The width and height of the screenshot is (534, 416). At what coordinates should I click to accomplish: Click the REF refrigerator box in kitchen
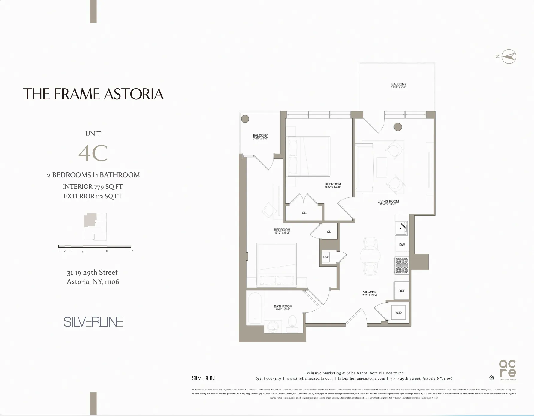(402, 291)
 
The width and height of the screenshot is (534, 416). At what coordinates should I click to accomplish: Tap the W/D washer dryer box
(399, 312)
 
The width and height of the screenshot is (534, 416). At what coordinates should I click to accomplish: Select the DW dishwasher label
(402, 245)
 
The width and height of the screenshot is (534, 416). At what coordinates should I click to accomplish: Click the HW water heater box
(326, 257)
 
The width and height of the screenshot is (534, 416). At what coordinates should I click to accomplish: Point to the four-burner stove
(402, 265)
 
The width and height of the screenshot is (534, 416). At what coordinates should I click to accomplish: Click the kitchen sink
(401, 228)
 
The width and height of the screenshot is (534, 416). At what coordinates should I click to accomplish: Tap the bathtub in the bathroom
(255, 308)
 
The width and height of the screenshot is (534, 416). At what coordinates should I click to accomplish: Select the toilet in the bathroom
(292, 322)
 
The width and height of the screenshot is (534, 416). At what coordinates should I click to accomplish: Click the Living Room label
(388, 202)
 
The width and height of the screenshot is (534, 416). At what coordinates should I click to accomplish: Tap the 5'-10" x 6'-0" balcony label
(260, 137)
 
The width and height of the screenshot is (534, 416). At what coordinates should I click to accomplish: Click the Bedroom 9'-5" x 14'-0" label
(333, 185)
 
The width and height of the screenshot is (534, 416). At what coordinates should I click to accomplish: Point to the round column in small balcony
(245, 119)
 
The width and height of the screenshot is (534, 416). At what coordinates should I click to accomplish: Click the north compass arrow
(509, 56)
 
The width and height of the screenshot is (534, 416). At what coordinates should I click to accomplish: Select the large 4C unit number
(93, 153)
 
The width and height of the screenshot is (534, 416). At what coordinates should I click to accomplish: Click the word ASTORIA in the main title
(134, 94)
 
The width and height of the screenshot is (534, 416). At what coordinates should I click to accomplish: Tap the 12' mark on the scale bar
(131, 251)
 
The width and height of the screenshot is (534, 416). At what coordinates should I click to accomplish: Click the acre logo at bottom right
(508, 369)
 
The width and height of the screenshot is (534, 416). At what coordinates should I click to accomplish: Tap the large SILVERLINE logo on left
(93, 322)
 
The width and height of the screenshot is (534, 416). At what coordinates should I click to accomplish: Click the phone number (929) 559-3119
(268, 378)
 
